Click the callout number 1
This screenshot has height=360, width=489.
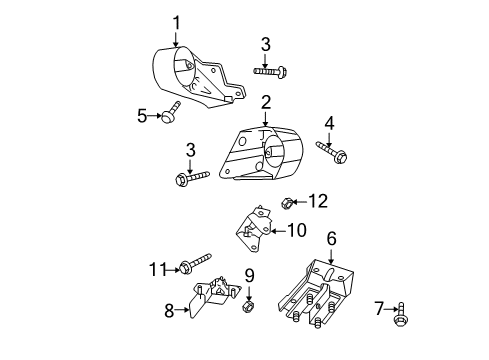click(x=176, y=22)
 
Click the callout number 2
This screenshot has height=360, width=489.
click(x=266, y=102)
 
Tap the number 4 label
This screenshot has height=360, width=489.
click(x=329, y=123)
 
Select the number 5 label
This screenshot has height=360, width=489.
click(x=142, y=116)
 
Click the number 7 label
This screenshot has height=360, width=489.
click(x=378, y=308)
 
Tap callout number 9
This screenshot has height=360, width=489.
click(x=250, y=274)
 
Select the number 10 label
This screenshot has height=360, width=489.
click(x=297, y=230)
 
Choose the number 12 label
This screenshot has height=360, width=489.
click(x=317, y=201)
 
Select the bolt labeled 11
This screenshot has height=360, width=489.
click(x=195, y=264)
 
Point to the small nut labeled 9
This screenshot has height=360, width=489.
click(x=250, y=304)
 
